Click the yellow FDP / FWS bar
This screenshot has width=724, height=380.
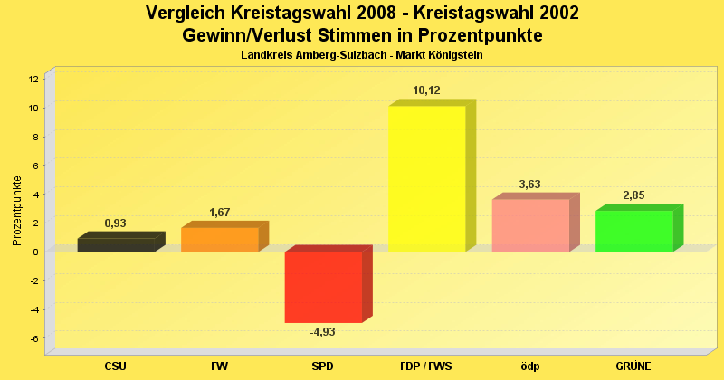[x=426, y=178]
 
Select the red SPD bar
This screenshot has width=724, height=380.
[x=322, y=287]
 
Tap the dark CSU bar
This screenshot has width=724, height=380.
[x=115, y=244]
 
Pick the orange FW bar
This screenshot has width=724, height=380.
[x=219, y=239]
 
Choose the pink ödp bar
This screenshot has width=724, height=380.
[x=529, y=225]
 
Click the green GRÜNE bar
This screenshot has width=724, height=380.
[x=633, y=231]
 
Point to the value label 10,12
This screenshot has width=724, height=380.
[x=426, y=90]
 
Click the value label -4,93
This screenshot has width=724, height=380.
[x=322, y=332]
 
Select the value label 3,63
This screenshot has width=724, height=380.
[x=529, y=185]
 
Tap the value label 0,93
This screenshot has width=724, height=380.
[x=115, y=223]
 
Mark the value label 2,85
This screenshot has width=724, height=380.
[x=633, y=195]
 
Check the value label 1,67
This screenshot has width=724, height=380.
[x=219, y=213]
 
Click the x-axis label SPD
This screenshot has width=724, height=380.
[x=322, y=366]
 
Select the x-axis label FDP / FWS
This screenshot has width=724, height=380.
[x=426, y=366]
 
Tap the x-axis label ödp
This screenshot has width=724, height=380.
[x=529, y=366]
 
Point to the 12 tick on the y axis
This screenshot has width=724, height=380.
[x=33, y=79]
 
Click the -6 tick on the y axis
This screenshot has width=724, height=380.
[x=33, y=338]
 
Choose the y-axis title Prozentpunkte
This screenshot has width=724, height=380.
[x=17, y=210]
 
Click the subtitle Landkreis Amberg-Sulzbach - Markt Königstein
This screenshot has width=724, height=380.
[x=362, y=56]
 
